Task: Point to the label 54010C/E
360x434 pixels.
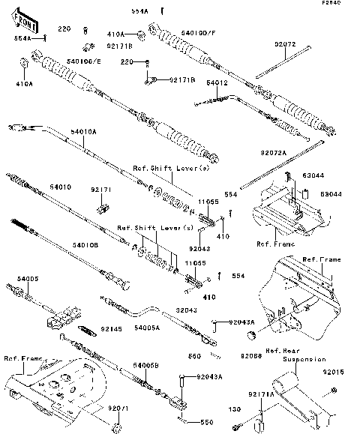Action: (83, 61)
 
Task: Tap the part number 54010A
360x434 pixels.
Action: (83, 131)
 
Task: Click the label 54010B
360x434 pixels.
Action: (85, 244)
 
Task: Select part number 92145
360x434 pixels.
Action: (111, 328)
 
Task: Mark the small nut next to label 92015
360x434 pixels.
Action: (333, 390)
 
